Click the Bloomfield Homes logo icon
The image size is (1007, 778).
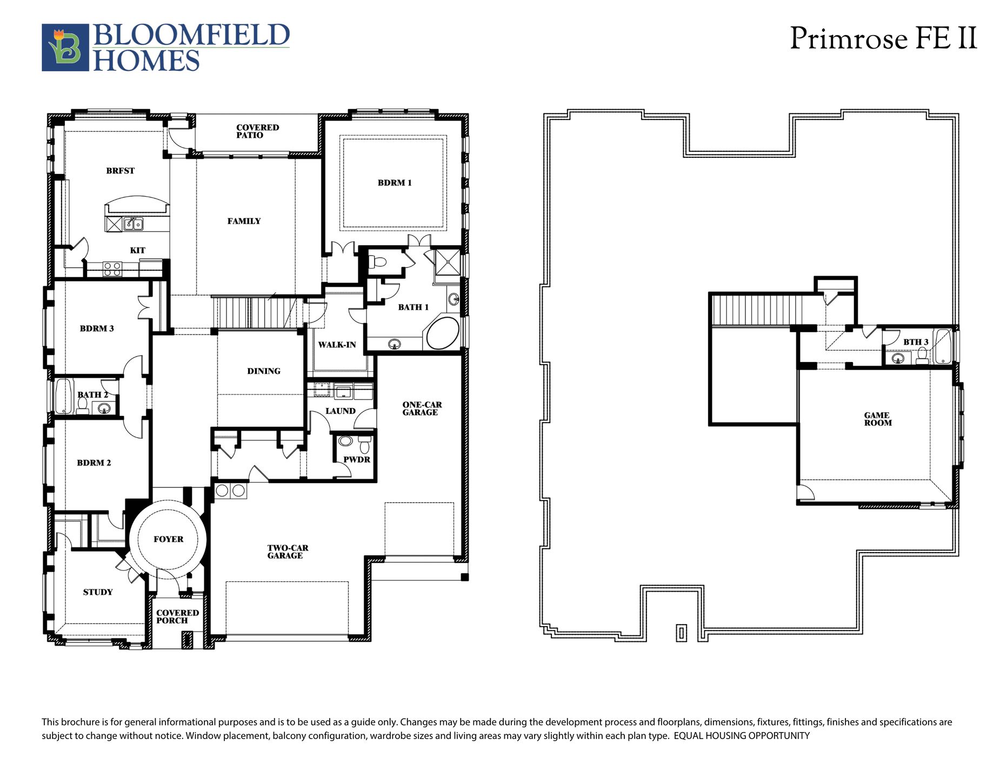tap(65, 48)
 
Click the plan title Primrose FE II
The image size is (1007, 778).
tap(884, 38)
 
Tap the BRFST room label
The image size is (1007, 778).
tap(120, 171)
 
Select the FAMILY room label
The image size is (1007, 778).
tap(244, 221)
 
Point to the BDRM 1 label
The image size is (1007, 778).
tap(395, 183)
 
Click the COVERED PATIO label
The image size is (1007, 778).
tap(257, 131)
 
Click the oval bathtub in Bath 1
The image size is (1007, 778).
tap(443, 333)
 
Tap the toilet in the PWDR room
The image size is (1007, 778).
tap(364, 445)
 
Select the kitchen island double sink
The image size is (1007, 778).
tap(133, 223)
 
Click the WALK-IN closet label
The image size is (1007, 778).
tap(337, 345)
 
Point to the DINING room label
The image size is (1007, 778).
tap(264, 371)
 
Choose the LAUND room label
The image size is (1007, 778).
tap(341, 411)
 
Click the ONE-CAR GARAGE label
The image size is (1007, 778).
tap(422, 408)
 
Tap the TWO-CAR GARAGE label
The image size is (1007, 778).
tap(288, 552)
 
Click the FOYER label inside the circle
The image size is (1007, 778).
tap(168, 539)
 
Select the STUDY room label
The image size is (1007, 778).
tap(98, 592)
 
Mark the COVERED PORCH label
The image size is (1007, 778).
tap(177, 616)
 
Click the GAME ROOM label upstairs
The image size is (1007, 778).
tap(877, 419)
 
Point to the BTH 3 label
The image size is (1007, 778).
tap(916, 342)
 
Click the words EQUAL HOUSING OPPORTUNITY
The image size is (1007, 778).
tap(742, 736)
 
